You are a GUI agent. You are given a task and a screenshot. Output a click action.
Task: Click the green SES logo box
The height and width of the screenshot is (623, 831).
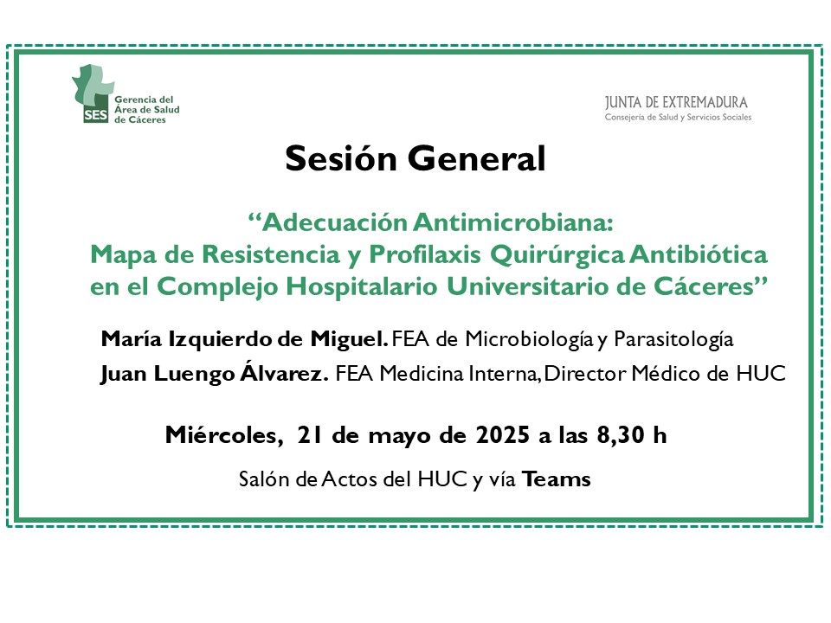point(95,114)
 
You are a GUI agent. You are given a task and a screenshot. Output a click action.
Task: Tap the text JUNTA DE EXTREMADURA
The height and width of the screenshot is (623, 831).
point(676,102)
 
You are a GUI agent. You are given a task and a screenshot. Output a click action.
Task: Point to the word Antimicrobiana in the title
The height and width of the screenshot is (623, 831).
point(512,222)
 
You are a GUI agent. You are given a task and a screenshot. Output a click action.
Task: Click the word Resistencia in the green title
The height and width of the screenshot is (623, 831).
point(270,254)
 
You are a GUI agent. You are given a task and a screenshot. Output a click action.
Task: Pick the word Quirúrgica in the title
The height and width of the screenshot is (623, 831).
point(557,255)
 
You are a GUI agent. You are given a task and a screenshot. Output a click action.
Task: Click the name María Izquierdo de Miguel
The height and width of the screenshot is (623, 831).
point(244,339)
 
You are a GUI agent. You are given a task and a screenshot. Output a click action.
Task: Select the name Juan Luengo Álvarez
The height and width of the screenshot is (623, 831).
point(214,373)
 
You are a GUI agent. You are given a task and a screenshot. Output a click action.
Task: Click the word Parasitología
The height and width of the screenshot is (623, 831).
point(673,339)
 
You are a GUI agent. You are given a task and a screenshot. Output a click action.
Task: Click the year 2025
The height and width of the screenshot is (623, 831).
point(502,435)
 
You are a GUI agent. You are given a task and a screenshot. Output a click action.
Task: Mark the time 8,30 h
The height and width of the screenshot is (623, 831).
point(632,435)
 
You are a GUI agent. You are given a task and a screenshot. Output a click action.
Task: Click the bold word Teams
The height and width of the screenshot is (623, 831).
point(557,479)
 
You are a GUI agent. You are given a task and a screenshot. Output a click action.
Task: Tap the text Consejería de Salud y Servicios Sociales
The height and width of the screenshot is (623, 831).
point(678,117)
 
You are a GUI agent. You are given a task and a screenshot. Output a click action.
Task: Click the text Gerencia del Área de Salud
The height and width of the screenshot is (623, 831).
point(147,105)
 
